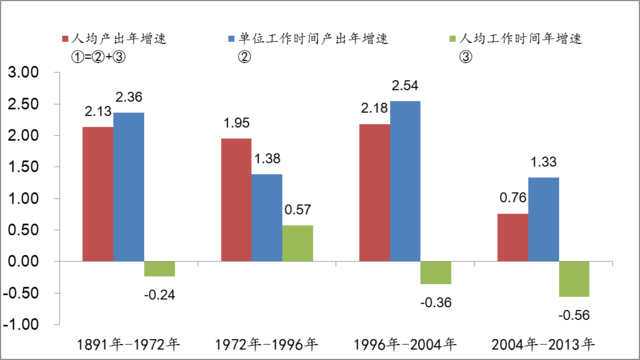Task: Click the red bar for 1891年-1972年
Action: [x=98, y=194]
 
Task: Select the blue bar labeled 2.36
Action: [x=129, y=187]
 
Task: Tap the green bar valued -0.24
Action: [x=159, y=269]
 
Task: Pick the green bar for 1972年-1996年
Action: [x=297, y=243]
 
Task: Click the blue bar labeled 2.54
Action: [x=405, y=181]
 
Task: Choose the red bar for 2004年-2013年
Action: [x=512, y=237]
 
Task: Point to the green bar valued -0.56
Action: [x=574, y=279]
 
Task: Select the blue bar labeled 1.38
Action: [x=267, y=218]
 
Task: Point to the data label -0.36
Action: [x=435, y=302]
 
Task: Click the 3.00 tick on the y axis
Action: [x=22, y=72]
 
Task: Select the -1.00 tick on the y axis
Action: [x=21, y=325]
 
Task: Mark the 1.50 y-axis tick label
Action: [x=22, y=167]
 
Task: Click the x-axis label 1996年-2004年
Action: [x=404, y=345]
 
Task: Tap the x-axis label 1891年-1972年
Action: [x=130, y=345]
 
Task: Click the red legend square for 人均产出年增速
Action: [x=63, y=39]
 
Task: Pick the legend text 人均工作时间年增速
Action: [x=521, y=38]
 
